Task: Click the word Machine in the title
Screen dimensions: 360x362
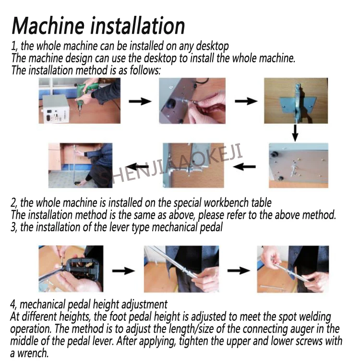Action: [48, 26]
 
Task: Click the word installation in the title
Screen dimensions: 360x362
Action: [137, 25]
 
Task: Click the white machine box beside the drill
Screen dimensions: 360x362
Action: [55, 108]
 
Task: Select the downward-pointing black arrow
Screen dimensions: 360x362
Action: [295, 133]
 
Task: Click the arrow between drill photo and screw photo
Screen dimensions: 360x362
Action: [140, 101]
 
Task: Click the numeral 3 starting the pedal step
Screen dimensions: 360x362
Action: [13, 227]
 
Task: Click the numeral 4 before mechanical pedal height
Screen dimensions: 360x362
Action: [13, 304]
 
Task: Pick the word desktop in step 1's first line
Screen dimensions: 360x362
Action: [212, 46]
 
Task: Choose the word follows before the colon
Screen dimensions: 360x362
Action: [144, 70]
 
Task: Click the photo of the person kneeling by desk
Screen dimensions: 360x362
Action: [81, 165]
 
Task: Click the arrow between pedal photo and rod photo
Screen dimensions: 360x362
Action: [123, 270]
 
